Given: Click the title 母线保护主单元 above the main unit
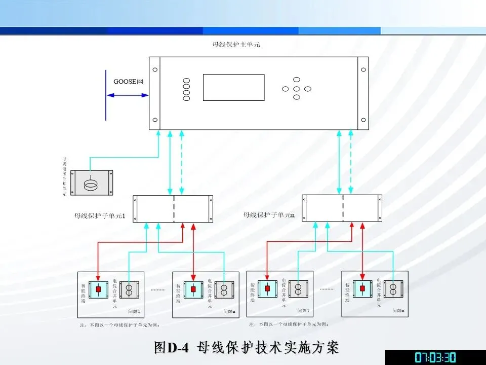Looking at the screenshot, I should tap(236, 45).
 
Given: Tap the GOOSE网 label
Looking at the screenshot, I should tap(129, 82).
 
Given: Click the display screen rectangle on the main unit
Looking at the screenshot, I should tap(233, 87).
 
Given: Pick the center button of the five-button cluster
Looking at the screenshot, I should tap(297, 89).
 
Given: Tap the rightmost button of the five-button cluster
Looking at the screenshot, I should tap(307, 89).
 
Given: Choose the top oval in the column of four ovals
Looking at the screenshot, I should tap(186, 81).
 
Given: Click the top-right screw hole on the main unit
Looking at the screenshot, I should tap(363, 69).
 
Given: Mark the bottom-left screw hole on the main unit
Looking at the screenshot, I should tap(155, 120).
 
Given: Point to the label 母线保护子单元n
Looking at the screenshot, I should tap(269, 215).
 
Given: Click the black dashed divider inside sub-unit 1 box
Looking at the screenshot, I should tap(174, 209).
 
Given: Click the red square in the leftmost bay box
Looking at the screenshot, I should tap(99, 289).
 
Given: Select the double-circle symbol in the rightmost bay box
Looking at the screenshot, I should tap(393, 289).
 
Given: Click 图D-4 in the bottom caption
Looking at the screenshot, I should tap(172, 348).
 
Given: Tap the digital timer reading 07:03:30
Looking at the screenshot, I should tap(435, 357).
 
